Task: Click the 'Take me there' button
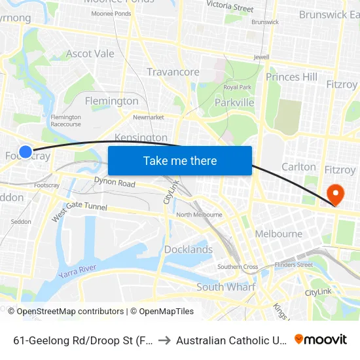(180, 161)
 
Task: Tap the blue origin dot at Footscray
(26, 152)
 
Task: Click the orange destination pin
(335, 194)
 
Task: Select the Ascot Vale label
(90, 54)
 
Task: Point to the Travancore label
(173, 72)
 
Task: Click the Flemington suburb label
(112, 101)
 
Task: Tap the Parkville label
(234, 103)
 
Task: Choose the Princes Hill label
(291, 77)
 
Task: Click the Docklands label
(188, 249)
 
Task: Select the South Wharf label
(226, 287)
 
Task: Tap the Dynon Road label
(115, 183)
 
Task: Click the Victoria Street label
(230, 7)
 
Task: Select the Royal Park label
(238, 87)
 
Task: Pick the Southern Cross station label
(238, 266)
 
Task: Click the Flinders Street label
(294, 264)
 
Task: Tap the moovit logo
(321, 340)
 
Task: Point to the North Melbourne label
(201, 215)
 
